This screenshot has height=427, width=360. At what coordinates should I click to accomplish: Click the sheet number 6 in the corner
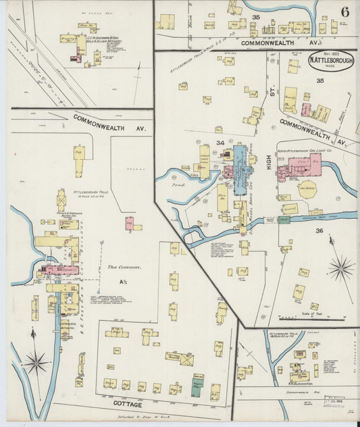click(x=344, y=11)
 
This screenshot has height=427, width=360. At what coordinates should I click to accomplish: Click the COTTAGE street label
click(x=128, y=404)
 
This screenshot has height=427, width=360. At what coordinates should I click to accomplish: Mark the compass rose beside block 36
click(x=340, y=268)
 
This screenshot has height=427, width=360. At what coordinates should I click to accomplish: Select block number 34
click(x=220, y=143)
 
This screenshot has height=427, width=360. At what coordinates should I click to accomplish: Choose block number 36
click(x=319, y=230)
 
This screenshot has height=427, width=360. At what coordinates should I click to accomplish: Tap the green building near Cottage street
click(x=197, y=388)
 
